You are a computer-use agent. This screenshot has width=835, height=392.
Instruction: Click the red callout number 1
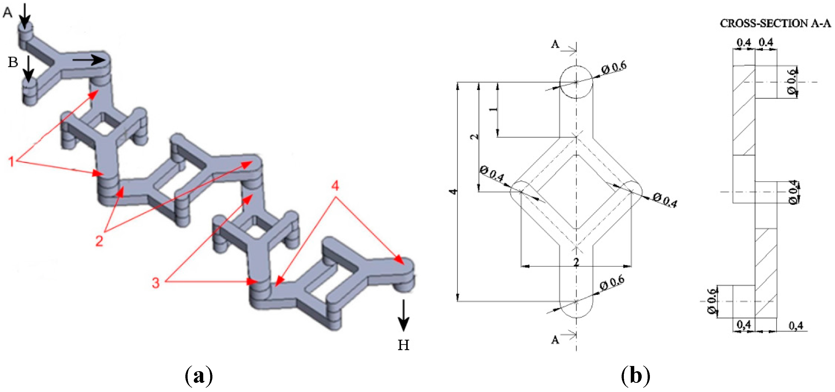coord(11,161)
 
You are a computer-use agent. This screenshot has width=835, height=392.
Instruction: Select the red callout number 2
coord(99,241)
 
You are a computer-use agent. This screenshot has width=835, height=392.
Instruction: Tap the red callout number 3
coord(156,282)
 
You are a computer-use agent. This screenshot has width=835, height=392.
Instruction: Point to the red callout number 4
coord(335,186)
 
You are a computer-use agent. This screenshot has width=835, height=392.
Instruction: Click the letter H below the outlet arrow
coord(403,345)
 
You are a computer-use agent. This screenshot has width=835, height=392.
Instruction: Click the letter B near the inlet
coord(13,62)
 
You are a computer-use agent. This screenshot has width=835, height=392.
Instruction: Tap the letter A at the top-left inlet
coord(7,13)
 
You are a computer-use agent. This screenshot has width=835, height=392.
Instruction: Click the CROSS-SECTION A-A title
coord(775,23)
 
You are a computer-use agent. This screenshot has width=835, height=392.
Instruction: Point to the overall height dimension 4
coord(453,191)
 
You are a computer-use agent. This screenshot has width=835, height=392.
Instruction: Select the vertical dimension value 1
coord(493,109)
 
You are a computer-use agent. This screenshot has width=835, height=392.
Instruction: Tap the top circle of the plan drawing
coord(576,82)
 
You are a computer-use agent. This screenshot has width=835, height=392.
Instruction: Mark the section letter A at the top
coord(555,44)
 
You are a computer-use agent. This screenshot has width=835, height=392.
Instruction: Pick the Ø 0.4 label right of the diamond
coord(665,200)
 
